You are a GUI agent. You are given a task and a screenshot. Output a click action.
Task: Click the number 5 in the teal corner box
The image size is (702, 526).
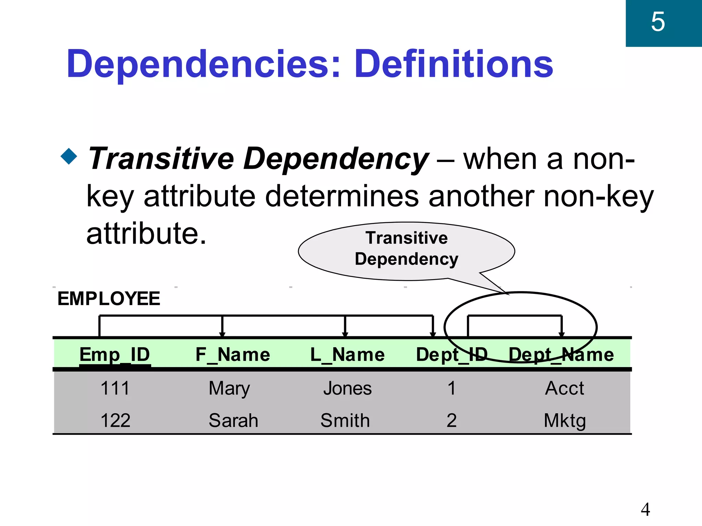(658, 22)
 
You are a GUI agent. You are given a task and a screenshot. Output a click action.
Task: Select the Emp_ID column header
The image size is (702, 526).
(114, 354)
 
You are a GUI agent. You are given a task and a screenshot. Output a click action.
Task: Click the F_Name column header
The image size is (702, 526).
(233, 354)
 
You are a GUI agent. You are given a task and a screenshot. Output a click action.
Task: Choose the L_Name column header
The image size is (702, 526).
(347, 354)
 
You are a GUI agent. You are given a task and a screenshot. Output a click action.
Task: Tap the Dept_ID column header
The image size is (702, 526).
(451, 354)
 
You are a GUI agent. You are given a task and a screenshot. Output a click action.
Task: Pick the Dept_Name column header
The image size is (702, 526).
(561, 354)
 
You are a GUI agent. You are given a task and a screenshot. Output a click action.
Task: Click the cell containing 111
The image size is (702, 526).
(115, 388)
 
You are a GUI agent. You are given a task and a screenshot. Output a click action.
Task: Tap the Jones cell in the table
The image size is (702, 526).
(347, 388)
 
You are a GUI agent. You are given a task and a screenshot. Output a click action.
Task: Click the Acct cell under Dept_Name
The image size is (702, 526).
(564, 388)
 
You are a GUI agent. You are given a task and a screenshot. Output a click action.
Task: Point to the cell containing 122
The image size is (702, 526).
(115, 420)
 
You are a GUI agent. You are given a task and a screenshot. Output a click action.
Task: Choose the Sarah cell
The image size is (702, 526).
(233, 420)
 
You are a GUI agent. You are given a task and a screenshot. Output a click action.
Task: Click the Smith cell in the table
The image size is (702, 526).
(345, 420)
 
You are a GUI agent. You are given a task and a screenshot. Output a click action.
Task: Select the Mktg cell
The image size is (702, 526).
(565, 421)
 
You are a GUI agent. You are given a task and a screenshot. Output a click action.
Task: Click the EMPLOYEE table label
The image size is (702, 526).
(109, 298)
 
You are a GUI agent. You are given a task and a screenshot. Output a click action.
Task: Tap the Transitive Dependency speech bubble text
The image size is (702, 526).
(407, 248)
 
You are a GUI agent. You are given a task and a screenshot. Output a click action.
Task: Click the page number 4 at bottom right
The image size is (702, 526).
(645, 510)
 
